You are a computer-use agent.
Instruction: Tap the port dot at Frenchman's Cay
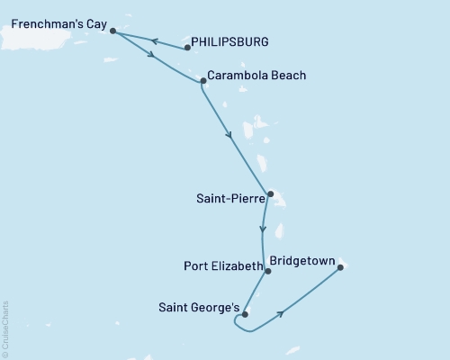(112, 31)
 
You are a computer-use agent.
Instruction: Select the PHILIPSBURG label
(230, 41)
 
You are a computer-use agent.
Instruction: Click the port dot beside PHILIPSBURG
(187, 47)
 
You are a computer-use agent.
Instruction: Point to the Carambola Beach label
(256, 76)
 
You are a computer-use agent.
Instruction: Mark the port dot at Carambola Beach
(202, 81)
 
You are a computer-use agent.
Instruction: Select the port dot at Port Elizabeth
(268, 270)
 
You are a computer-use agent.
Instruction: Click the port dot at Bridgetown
(340, 266)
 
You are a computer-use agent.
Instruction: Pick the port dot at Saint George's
(245, 314)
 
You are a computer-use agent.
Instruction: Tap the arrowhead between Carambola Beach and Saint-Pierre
(230, 136)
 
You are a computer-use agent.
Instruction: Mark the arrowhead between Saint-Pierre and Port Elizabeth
(262, 229)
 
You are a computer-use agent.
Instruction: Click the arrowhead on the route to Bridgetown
(283, 313)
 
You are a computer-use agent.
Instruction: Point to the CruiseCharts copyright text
(4, 329)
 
